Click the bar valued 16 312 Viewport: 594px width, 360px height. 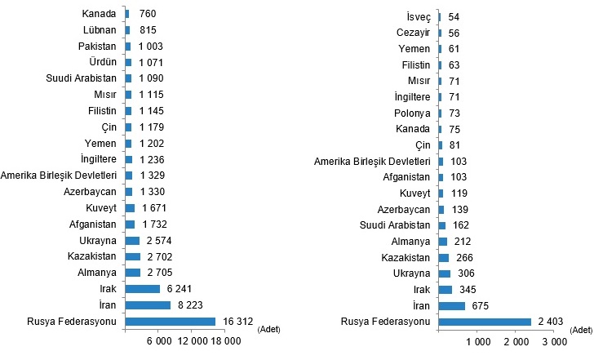pyautogui.click(x=170, y=322)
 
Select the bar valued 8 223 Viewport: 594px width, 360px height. pyautogui.click(x=148, y=304)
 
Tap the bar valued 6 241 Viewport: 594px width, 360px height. pyautogui.click(x=142, y=288)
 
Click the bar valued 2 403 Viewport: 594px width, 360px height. pyautogui.click(x=485, y=322)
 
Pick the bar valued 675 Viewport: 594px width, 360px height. pyautogui.click(x=451, y=305)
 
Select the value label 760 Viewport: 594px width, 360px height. pyautogui.click(x=148, y=14)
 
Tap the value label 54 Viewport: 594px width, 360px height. pyautogui.click(x=453, y=17)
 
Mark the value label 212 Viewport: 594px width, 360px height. pyautogui.click(x=462, y=241)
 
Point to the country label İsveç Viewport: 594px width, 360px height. pyautogui.click(x=414, y=17)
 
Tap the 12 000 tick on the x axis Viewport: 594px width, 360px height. pyautogui.click(x=193, y=340)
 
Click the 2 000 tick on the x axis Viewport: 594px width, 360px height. pyautogui.click(x=516, y=340)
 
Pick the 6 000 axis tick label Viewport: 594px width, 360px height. pyautogui.click(x=158, y=340)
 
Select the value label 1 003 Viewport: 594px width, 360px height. pyautogui.click(x=154, y=47)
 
